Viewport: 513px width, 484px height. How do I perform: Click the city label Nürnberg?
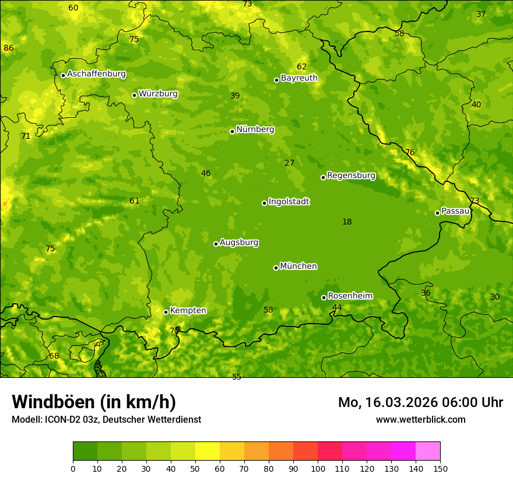coord(255,129)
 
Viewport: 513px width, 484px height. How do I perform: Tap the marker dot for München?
coord(276,268)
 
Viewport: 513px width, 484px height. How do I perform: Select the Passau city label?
coord(455,211)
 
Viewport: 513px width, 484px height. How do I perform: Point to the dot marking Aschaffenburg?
coord(63,75)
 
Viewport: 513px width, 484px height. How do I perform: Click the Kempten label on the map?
coord(188,311)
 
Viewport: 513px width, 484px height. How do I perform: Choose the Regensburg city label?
coord(351,176)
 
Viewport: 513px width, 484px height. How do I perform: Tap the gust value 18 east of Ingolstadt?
coord(347,222)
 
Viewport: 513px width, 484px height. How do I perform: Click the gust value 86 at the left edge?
coord(8,48)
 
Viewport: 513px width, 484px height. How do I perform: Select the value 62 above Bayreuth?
coord(301,67)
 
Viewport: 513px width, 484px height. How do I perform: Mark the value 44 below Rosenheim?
coord(337,307)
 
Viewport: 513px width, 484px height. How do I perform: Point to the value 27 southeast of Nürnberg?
coord(289,163)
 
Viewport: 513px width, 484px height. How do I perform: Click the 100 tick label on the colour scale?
coord(318,468)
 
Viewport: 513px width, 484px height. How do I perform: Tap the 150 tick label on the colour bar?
coord(440,468)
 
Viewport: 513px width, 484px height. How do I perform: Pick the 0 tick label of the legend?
coord(73,468)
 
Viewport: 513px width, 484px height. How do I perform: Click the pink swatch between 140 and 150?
coord(428,451)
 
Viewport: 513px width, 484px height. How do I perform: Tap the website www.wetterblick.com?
coord(420,419)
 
